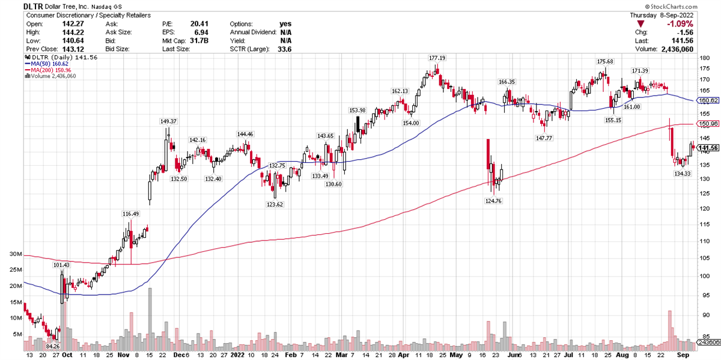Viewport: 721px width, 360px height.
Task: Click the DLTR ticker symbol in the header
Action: [x=33, y=5]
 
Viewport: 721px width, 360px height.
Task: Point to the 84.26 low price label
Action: [x=53, y=346]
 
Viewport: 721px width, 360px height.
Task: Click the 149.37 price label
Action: [x=168, y=121]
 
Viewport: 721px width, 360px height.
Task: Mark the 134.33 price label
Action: [x=683, y=174]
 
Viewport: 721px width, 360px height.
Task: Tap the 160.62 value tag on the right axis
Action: [x=709, y=100]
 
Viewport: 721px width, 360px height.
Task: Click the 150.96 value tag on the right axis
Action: [x=709, y=124]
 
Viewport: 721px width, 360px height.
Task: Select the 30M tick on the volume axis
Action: [x=16, y=254]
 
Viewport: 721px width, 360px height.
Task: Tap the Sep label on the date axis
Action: [x=683, y=355]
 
